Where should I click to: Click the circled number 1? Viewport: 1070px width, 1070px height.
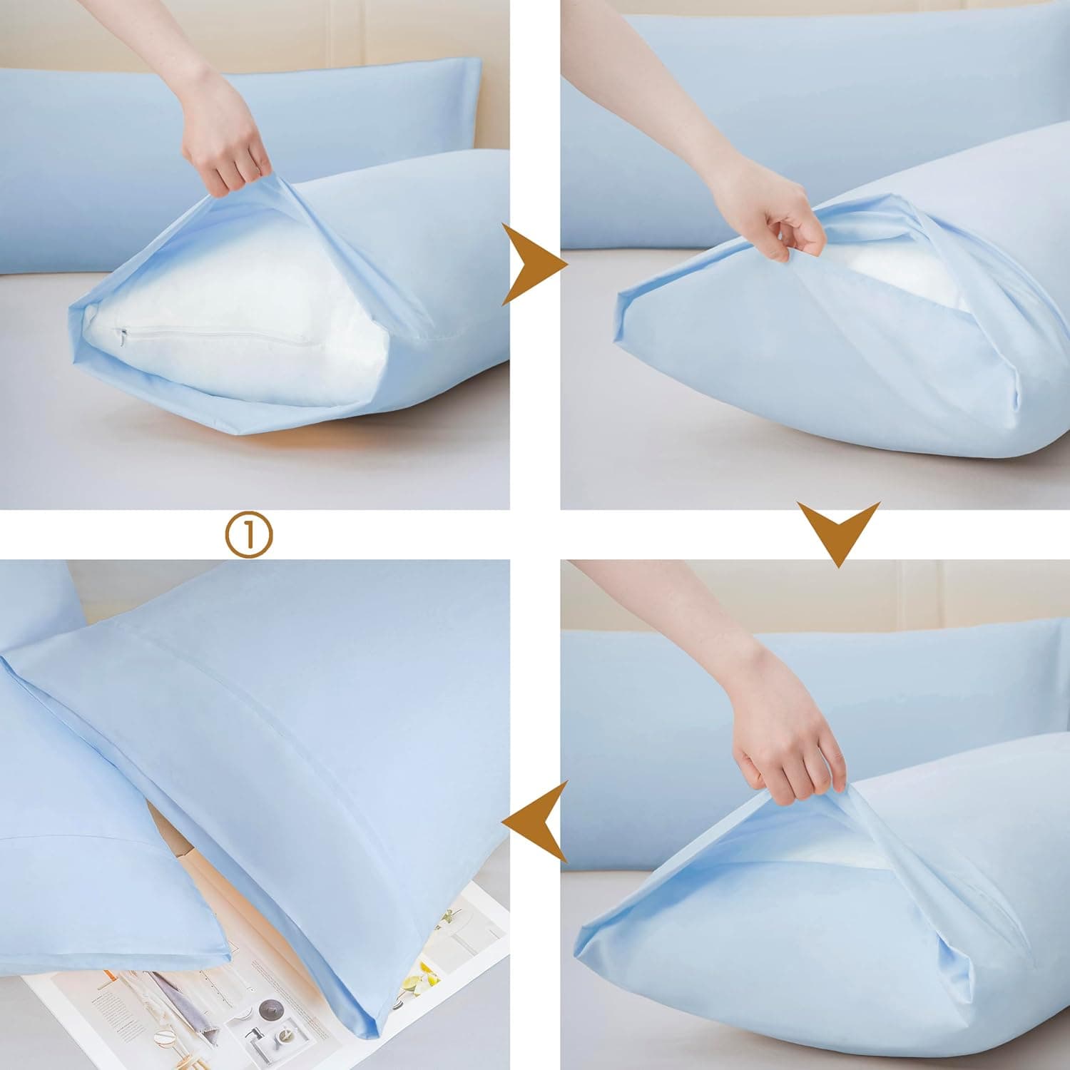click(249, 536)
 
